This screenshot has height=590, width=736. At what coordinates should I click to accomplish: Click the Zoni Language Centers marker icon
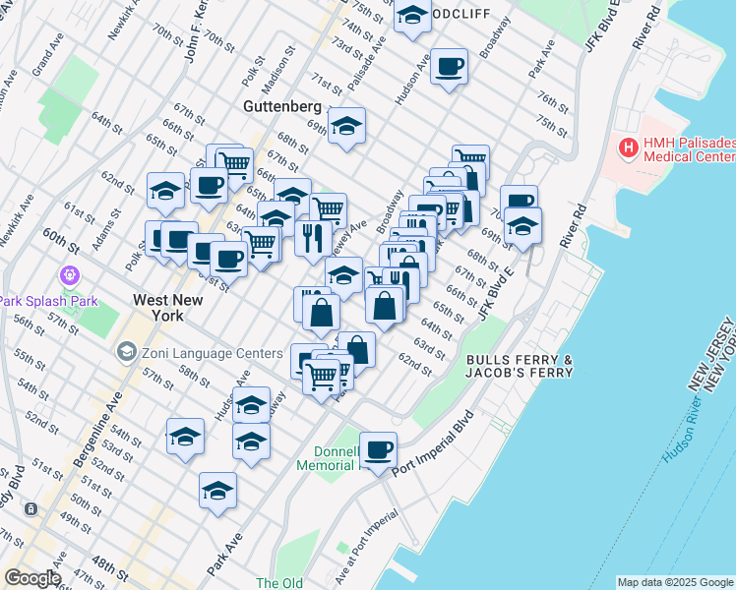(126, 351)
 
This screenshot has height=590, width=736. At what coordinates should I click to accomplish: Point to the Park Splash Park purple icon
(69, 275)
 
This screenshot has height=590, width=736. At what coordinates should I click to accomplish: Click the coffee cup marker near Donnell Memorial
(378, 450)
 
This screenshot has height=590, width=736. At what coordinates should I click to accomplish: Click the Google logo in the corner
(31, 578)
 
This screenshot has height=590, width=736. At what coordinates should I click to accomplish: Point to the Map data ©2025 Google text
(675, 582)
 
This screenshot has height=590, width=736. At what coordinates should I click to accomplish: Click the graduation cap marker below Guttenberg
(346, 127)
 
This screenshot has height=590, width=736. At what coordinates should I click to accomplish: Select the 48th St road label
(110, 568)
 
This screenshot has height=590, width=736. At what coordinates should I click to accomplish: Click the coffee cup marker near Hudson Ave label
(449, 67)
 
